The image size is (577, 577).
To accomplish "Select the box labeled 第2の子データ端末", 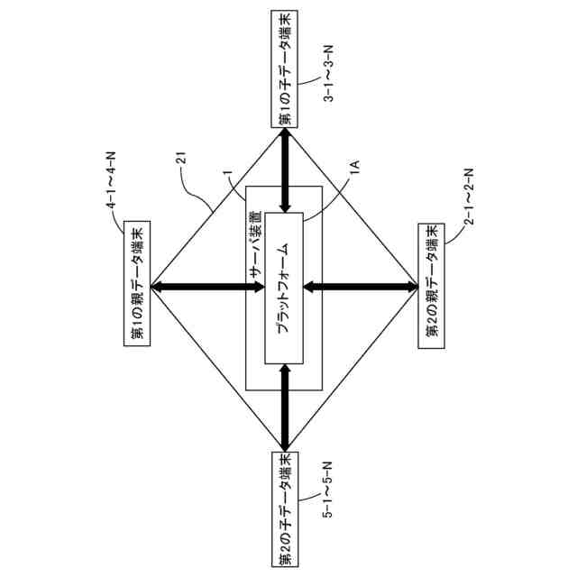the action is tap(284, 508).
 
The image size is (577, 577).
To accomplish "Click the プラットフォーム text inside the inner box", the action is tap(283, 288).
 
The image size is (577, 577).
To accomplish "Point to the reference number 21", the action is tap(180, 160).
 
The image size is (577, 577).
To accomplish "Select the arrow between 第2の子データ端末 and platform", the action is tap(285, 407).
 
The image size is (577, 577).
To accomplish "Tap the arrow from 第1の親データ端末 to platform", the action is tap(206, 288).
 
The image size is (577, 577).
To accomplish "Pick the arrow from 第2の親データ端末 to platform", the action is tap(361, 288).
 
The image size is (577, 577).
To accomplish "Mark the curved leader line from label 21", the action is tap(198, 189).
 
